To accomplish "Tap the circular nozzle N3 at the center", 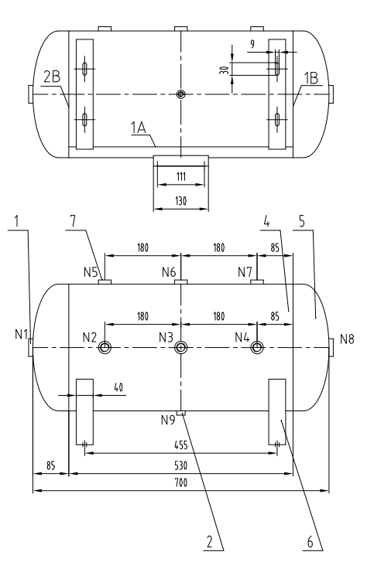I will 180,347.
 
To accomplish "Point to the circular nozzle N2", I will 105,348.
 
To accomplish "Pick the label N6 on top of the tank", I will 170,272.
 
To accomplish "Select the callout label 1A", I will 139,131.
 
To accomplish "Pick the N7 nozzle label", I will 245,272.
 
